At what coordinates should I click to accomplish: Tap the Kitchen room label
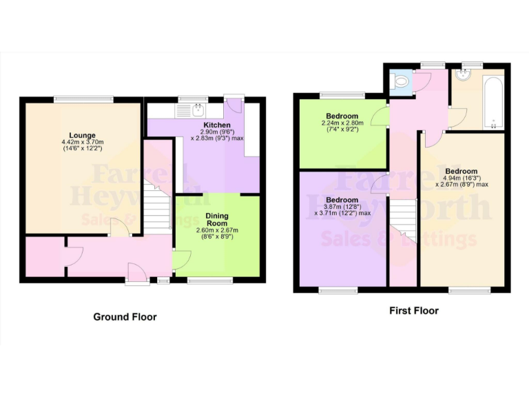[206, 125]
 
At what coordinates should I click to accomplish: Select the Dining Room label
[218, 220]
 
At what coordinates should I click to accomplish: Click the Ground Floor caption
[125, 317]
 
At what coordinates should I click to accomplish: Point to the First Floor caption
[413, 311]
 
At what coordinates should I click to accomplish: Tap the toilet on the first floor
[399, 81]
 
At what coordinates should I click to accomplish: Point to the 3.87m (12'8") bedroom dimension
[342, 210]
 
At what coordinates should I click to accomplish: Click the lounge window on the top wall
[85, 99]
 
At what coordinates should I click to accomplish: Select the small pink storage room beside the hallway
[45, 256]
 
